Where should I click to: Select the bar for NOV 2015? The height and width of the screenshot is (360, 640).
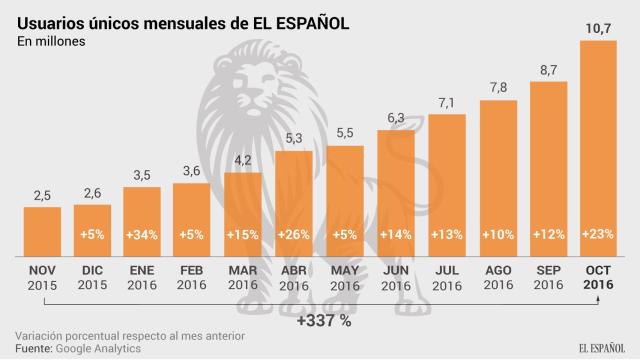pyautogui.click(x=41, y=230)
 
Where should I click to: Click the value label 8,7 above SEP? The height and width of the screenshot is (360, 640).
pyautogui.click(x=550, y=71)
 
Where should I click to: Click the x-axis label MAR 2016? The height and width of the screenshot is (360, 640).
pyautogui.click(x=245, y=276)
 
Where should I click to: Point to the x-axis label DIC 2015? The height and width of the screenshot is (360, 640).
pyautogui.click(x=92, y=276)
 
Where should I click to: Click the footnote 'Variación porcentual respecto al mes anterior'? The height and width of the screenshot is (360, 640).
pyautogui.click(x=129, y=334)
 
